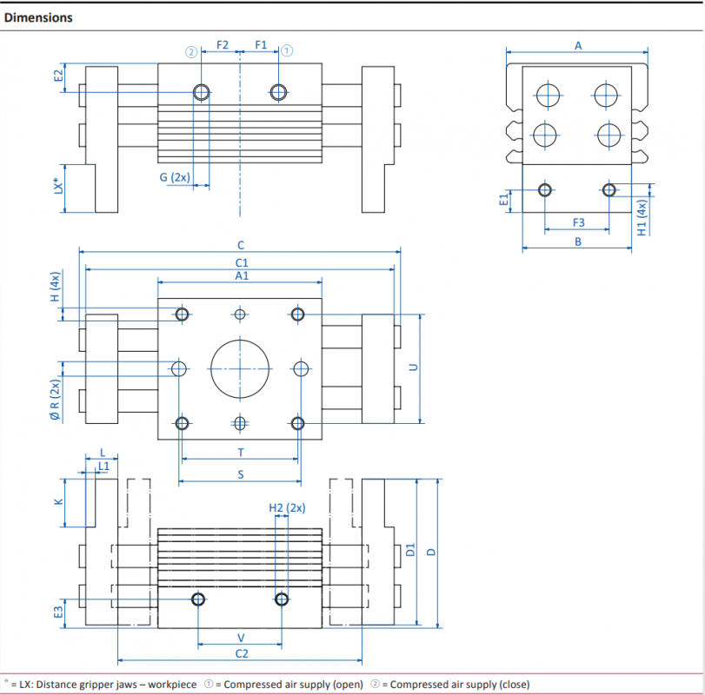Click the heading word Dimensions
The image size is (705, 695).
pos(38,17)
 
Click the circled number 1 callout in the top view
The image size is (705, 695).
pos(287,50)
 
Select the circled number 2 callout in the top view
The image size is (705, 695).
pos(191,51)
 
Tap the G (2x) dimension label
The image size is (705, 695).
pos(175,177)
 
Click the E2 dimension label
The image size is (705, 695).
pos(58,76)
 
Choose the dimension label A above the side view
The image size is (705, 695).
pos(578,45)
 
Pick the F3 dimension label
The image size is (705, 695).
pos(579,222)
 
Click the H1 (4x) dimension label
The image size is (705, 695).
pos(642,218)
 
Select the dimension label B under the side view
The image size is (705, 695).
pos(578,242)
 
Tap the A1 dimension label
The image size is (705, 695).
pos(242,275)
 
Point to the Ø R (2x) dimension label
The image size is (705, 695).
pos(55,400)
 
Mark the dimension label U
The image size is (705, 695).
pos(413,367)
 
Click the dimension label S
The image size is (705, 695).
pos(241,474)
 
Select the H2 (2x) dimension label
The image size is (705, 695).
pos(288,507)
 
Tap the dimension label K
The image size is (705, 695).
pos(58,501)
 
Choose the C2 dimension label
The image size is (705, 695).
pos(242,653)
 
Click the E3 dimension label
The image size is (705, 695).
pos(58,612)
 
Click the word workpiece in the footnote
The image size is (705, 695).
pos(172,685)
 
